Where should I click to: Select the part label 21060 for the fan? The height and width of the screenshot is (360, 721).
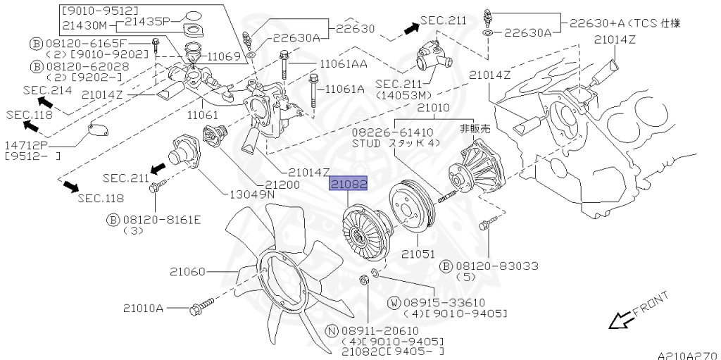click(187, 271)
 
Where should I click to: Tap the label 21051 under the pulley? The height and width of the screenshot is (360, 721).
click(418, 253)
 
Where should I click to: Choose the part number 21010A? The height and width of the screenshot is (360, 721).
click(143, 308)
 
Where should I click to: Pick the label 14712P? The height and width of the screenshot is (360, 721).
click(27, 146)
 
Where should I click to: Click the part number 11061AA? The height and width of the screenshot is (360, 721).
click(343, 64)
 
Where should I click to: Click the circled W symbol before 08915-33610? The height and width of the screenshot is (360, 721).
click(394, 302)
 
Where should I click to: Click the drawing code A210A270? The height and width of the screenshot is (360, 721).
click(687, 354)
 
